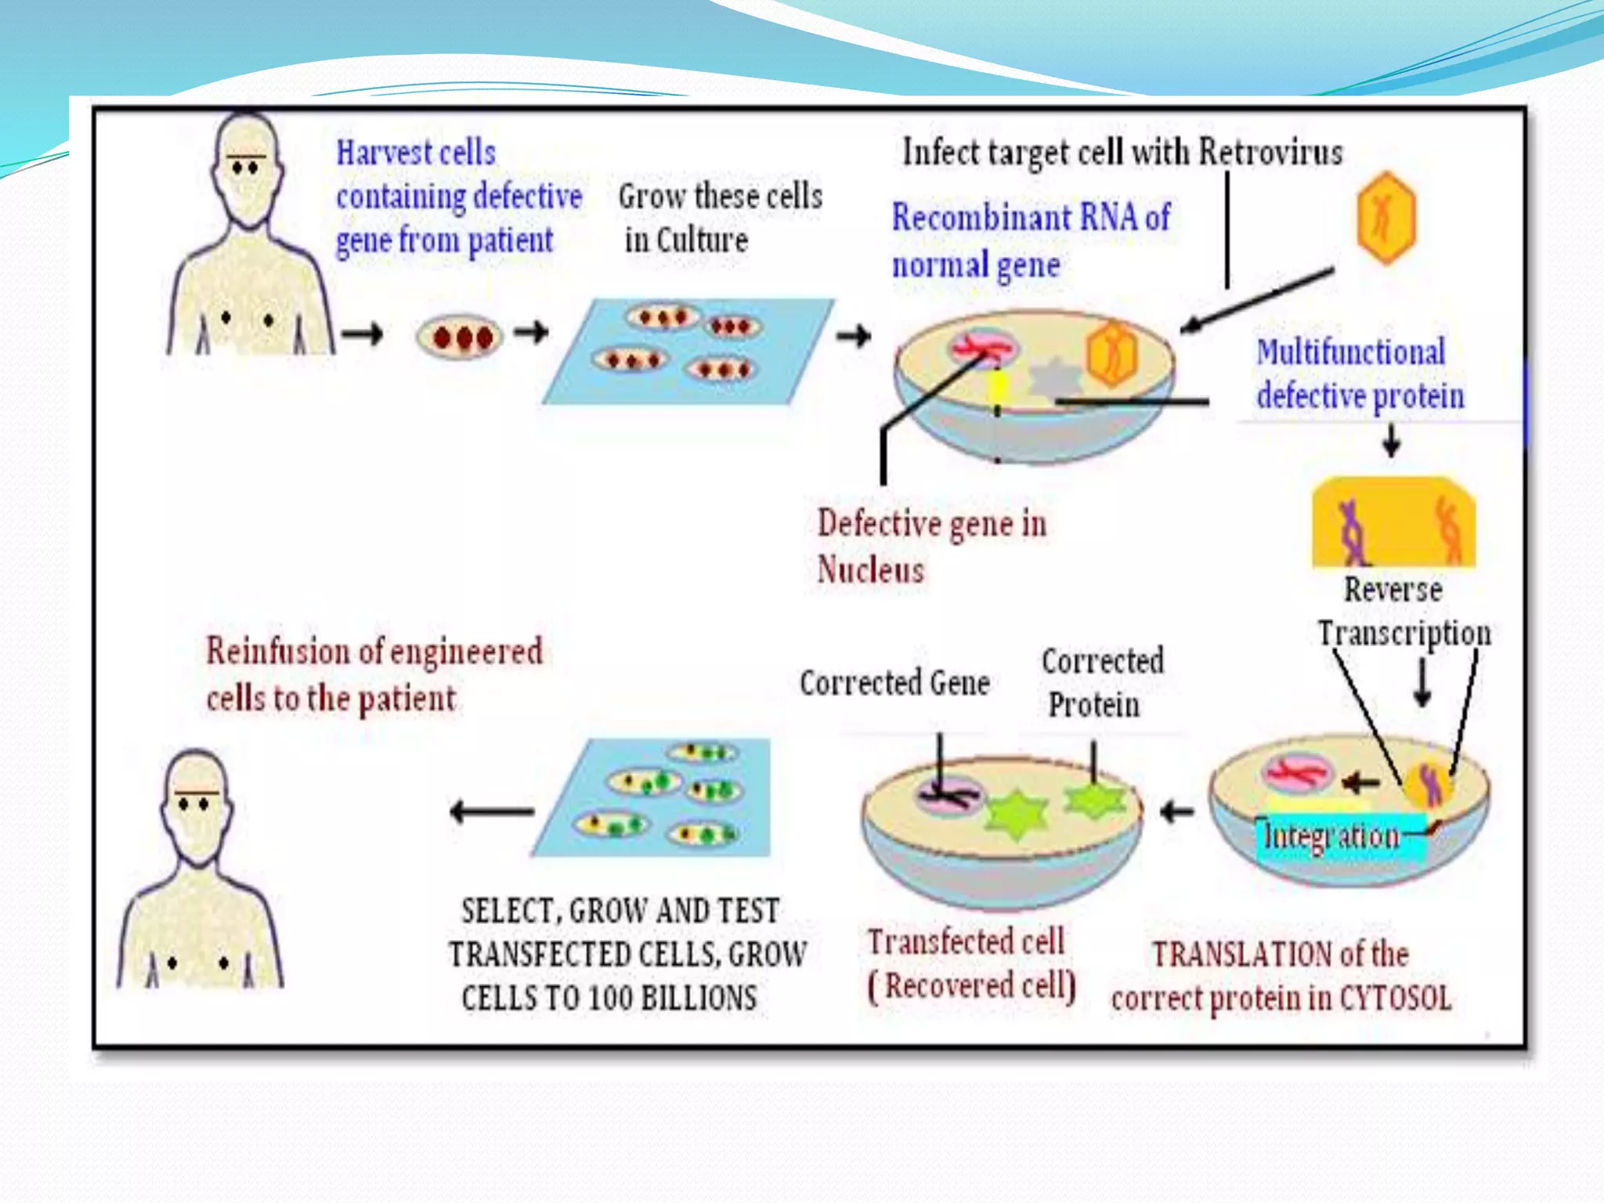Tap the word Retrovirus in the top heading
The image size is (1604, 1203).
(1270, 152)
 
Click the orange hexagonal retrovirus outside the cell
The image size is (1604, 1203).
(1385, 217)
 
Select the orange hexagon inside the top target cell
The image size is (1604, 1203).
(1111, 354)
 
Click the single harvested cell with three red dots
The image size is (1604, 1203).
(459, 337)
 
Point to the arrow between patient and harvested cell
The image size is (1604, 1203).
(363, 334)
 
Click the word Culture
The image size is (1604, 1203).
(702, 240)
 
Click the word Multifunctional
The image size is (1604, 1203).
(1350, 352)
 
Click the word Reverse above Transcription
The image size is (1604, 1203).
(1393, 590)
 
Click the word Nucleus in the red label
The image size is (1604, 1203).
(870, 569)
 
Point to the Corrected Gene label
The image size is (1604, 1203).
(894, 683)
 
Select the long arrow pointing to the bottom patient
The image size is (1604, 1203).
(492, 811)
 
